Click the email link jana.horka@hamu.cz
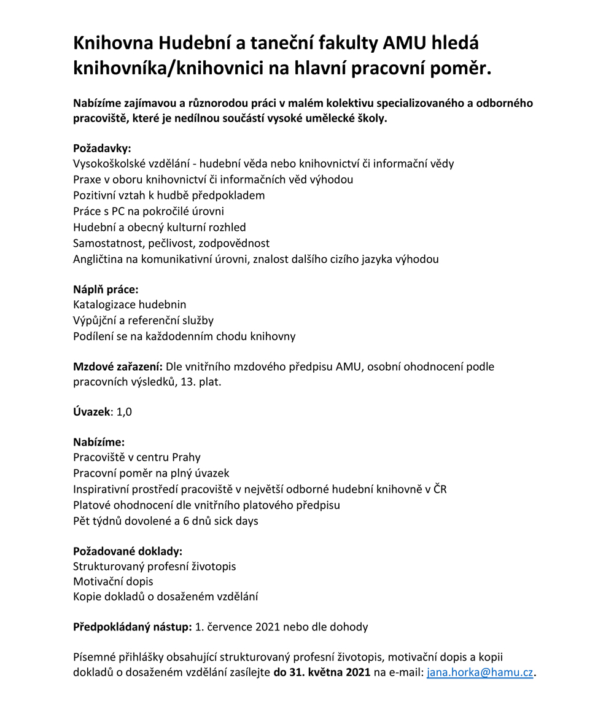pyautogui.click(x=480, y=672)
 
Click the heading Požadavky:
pyautogui.click(x=103, y=148)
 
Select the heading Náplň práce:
pyautogui.click(x=106, y=289)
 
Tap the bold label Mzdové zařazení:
pyautogui.click(x=118, y=367)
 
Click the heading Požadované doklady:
pyautogui.click(x=128, y=551)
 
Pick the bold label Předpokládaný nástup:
pyautogui.click(x=133, y=627)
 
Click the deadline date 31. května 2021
pyautogui.click(x=322, y=672)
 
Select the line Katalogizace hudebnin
pyautogui.click(x=130, y=305)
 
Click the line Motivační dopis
pyautogui.click(x=113, y=581)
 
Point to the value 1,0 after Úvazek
pyautogui.click(x=124, y=412)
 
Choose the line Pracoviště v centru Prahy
pyautogui.click(x=137, y=457)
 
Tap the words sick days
pyautogui.click(x=236, y=521)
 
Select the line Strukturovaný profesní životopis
pyautogui.click(x=154, y=566)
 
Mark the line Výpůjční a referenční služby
pyautogui.click(x=143, y=320)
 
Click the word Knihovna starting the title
pyautogui.click(x=112, y=44)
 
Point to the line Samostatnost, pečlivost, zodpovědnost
pyautogui.click(x=171, y=243)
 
